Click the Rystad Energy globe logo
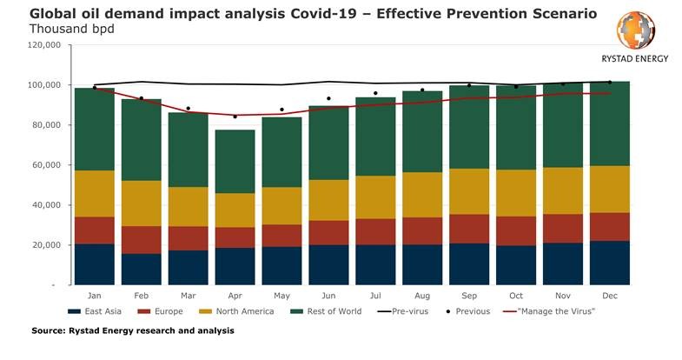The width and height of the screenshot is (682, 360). coord(635,31)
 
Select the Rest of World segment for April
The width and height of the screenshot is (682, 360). coord(235,162)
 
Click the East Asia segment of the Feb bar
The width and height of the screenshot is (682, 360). coord(141,270)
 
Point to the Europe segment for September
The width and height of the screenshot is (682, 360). coord(468,229)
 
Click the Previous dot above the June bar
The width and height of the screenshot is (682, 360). coord(328,99)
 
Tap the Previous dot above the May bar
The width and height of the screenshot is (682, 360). coord(281,110)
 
